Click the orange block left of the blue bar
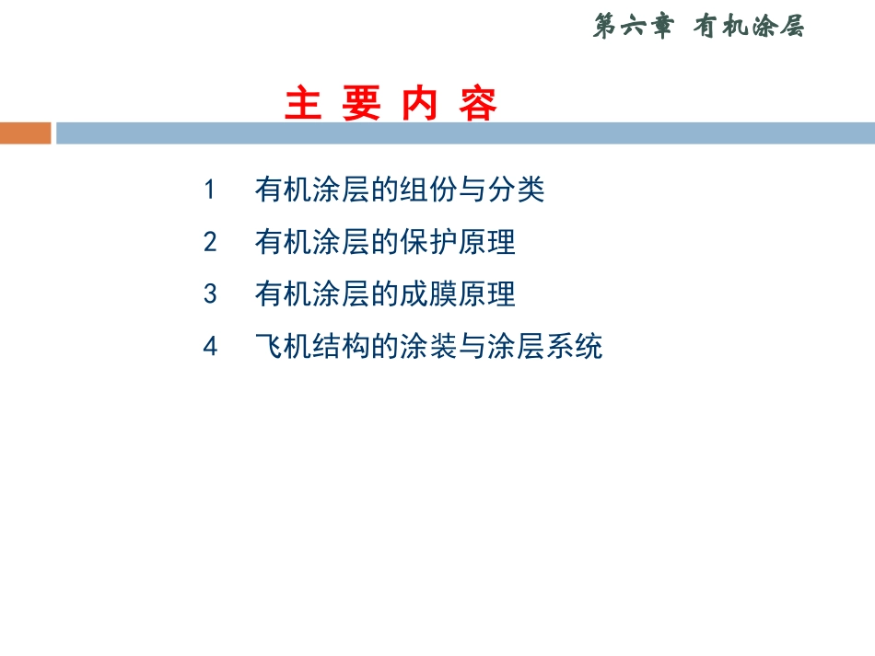tap(25, 132)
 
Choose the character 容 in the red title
tap(478, 105)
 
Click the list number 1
tap(210, 190)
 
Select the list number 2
tap(210, 243)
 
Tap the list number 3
tap(210, 294)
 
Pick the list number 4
tap(210, 347)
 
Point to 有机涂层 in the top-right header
tap(748, 28)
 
